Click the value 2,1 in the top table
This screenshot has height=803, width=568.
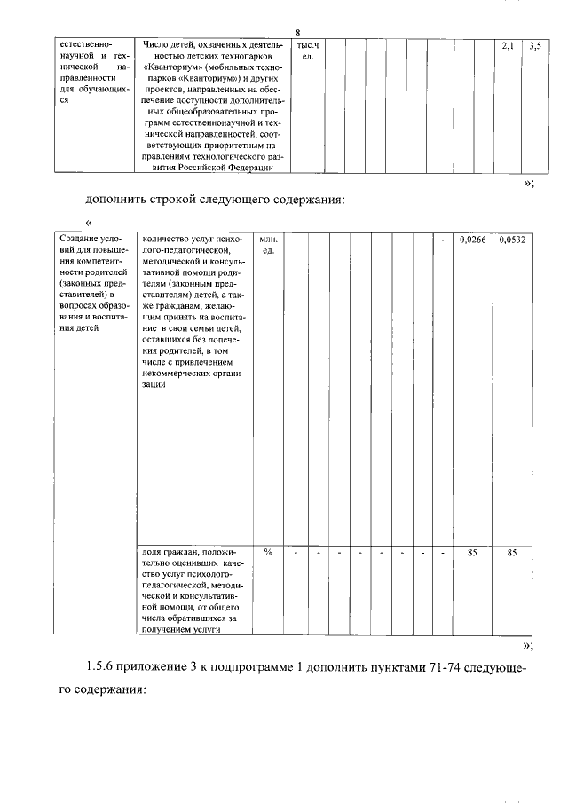[508, 43]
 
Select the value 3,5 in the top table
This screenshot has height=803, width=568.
[534, 43]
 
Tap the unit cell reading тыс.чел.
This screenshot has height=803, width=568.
[308, 51]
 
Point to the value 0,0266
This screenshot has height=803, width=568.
[473, 240]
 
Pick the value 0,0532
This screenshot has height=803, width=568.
[512, 240]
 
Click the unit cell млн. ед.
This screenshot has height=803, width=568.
[268, 246]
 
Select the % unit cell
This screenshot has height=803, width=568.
[268, 553]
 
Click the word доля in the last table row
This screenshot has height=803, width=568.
[153, 553]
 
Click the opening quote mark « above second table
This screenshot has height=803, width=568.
[89, 222]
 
